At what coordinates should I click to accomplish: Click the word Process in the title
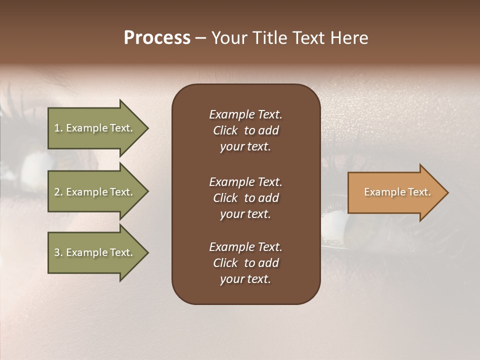[157, 38]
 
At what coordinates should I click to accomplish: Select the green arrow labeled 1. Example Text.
[93, 128]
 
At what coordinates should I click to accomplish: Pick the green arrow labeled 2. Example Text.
[93, 192]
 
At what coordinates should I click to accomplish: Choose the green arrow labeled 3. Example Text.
[93, 252]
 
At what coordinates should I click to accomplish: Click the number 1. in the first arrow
[58, 128]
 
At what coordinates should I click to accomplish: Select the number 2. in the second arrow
[58, 192]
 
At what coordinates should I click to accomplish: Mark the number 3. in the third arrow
[58, 252]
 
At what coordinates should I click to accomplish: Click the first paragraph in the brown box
[245, 130]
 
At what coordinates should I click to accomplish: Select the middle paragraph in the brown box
[245, 198]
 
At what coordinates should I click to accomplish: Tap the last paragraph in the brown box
[245, 263]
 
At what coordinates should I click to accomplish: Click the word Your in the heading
[229, 38]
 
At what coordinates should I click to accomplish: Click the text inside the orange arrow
[397, 192]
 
